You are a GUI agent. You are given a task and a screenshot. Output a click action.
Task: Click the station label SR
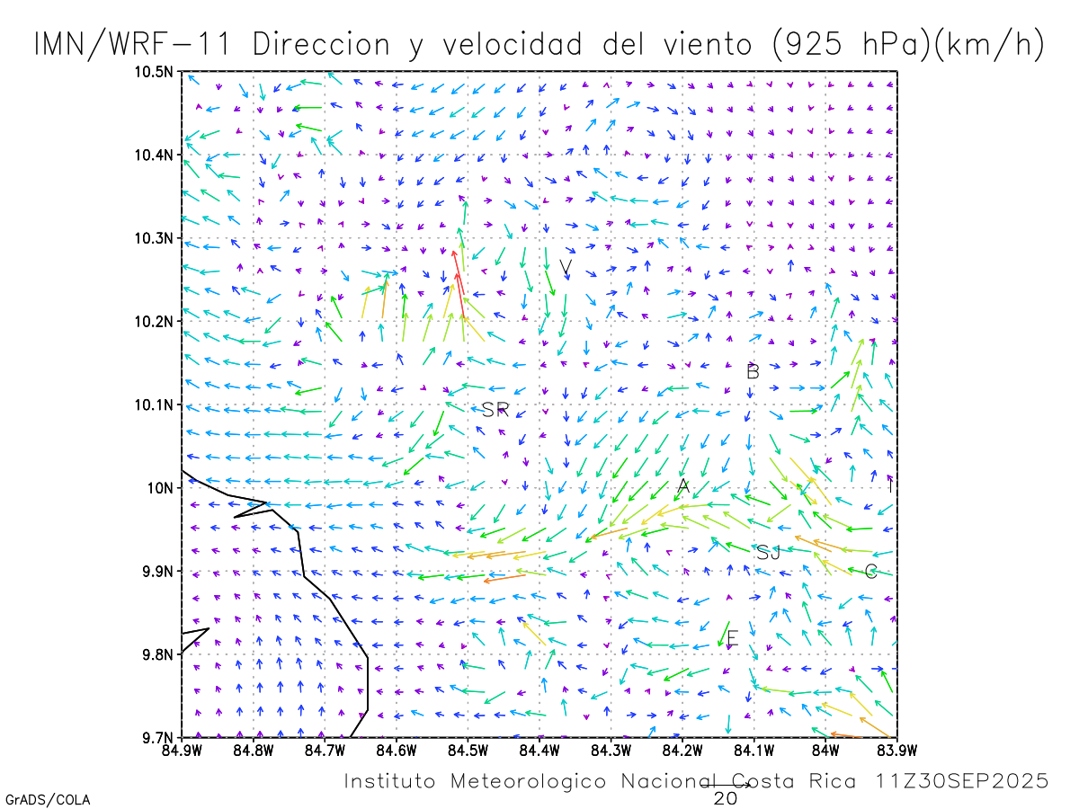point(495,410)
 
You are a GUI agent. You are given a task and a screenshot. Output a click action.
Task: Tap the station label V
point(566,267)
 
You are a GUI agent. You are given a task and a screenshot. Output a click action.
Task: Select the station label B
point(754,371)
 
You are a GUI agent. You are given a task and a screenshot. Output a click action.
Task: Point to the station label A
point(683,487)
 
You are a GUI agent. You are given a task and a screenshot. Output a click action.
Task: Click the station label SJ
point(768,553)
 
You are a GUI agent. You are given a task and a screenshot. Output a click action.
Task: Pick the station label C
point(870,572)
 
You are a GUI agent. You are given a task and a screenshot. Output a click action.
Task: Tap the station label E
point(732,639)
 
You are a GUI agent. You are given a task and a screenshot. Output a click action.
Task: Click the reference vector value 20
point(726,797)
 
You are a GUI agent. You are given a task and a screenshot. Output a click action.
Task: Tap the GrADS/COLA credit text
point(48,799)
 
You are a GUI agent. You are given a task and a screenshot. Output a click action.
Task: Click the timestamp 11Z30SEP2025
point(963,781)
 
